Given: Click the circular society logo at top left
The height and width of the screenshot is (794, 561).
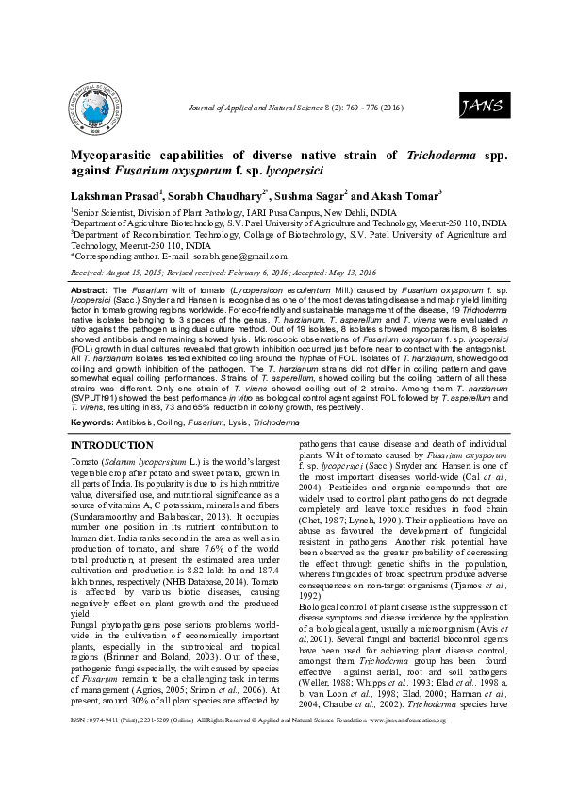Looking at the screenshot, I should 91,107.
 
